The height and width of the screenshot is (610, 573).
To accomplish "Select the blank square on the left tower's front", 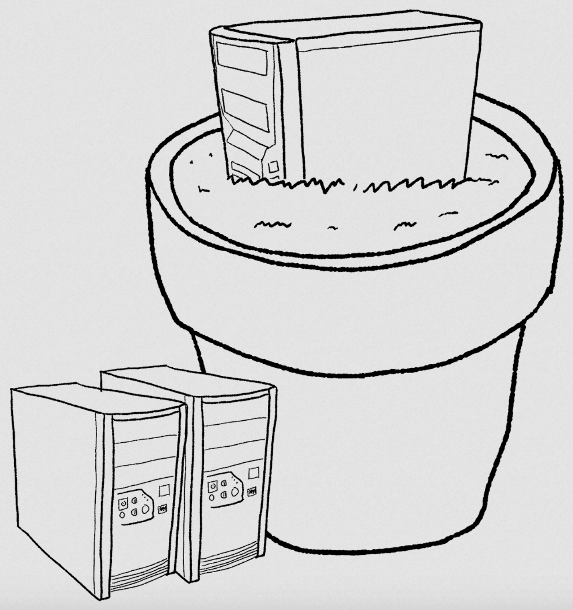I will (x=164, y=490).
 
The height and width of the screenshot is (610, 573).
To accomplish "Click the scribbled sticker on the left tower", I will (x=162, y=508).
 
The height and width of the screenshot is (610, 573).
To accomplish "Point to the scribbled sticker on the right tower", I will (x=252, y=492).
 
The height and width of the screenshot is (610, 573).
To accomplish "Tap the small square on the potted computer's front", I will (x=273, y=167).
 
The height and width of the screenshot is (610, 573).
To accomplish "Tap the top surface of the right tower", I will (x=187, y=382).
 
